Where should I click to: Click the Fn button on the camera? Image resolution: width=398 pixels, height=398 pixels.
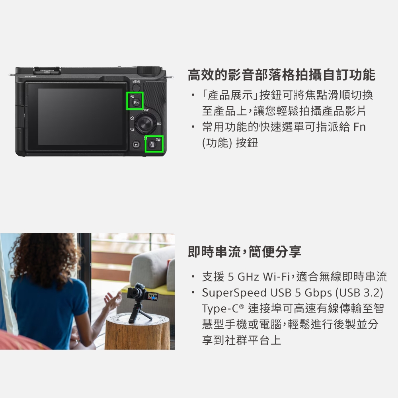tap(136, 103)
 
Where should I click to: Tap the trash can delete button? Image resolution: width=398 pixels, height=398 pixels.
tap(152, 145)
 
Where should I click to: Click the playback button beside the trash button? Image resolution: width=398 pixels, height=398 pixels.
tap(136, 145)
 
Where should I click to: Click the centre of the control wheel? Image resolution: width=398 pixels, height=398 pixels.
tap(145, 124)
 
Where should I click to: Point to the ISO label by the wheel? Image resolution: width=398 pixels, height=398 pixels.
tap(159, 125)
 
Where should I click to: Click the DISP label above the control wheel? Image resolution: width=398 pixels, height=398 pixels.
tap(145, 110)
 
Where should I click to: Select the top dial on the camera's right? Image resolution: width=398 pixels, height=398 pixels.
tap(149, 70)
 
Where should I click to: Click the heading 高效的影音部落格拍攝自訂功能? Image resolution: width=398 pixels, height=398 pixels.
tap(281, 74)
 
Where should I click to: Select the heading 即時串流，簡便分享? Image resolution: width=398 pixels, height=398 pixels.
tap(244, 252)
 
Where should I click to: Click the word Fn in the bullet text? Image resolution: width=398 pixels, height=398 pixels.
tap(359, 127)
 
